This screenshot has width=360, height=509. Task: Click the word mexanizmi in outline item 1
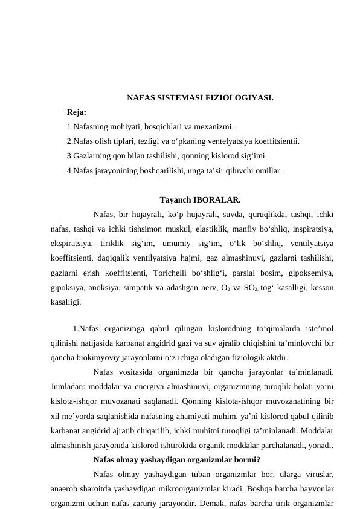click(x=214, y=127)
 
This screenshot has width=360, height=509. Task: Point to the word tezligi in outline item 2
click(x=150, y=142)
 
